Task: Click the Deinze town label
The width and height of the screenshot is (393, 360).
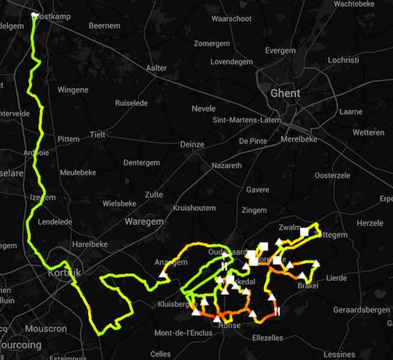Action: pyautogui.click(x=192, y=145)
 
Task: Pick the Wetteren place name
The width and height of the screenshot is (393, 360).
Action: pyautogui.click(x=369, y=132)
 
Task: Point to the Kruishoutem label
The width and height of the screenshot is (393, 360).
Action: pyautogui.click(x=193, y=208)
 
